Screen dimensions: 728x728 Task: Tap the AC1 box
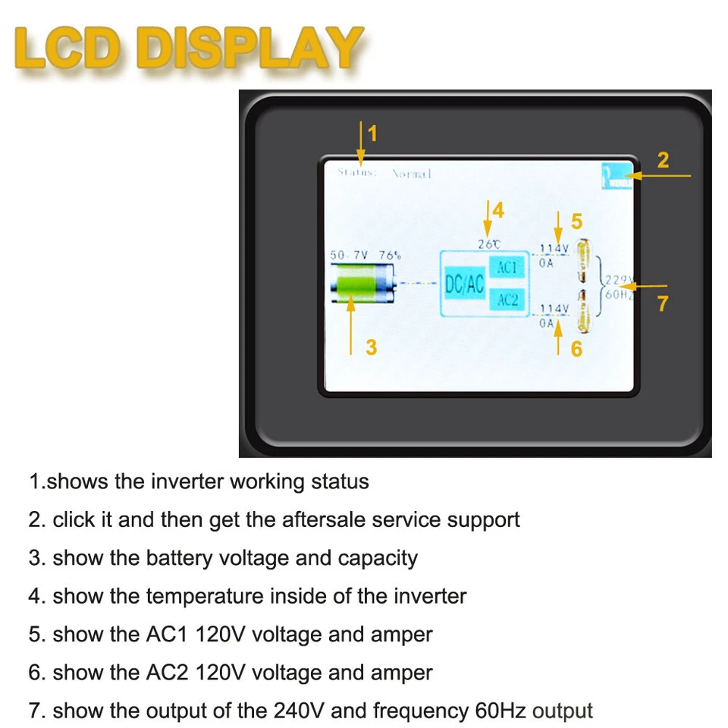[x=507, y=267]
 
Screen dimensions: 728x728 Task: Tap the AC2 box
[x=507, y=300]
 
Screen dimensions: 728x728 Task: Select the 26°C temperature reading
[x=488, y=243]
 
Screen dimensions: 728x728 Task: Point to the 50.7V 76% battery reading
[x=363, y=256]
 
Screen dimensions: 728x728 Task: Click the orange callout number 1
[x=372, y=134]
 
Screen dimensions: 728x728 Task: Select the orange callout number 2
[x=663, y=160]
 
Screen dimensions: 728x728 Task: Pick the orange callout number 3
[x=371, y=347]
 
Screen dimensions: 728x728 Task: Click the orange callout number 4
[x=497, y=210]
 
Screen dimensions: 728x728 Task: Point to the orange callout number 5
[x=576, y=221]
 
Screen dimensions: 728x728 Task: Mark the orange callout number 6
[x=576, y=350]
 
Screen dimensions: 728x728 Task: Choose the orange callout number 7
[x=663, y=303]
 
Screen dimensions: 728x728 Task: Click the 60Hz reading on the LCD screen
[x=618, y=294]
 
